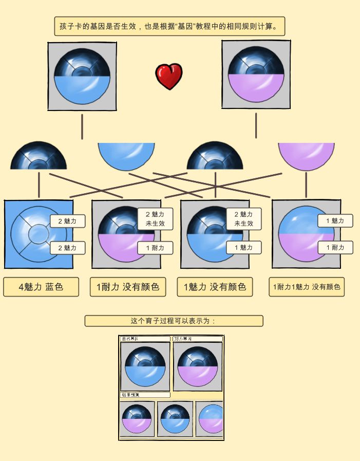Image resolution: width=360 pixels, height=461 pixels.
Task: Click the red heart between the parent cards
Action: tap(169, 76)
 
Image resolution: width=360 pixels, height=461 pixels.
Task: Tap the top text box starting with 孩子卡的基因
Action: tap(169, 26)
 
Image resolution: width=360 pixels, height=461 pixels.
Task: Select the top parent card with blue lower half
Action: tap(82, 76)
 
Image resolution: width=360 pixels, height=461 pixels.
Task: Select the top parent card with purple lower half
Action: tap(256, 74)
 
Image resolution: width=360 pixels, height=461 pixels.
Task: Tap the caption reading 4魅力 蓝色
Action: tap(41, 287)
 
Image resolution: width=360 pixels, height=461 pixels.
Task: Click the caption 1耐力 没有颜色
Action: tap(128, 287)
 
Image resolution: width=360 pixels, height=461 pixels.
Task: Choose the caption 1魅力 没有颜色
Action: tap(215, 287)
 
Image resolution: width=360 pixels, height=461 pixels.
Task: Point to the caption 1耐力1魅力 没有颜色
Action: tap(306, 287)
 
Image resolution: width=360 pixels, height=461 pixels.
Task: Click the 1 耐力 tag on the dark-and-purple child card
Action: tap(155, 248)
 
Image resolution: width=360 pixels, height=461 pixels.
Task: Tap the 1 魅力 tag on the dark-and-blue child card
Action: tap(243, 248)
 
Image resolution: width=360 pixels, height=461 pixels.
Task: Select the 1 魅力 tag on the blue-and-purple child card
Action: tap(335, 221)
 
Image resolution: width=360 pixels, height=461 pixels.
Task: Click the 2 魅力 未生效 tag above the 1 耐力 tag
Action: tap(155, 219)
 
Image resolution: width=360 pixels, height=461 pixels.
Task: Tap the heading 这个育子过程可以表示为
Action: tap(174, 321)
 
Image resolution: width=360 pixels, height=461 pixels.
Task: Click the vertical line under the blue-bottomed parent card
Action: tap(82, 126)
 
